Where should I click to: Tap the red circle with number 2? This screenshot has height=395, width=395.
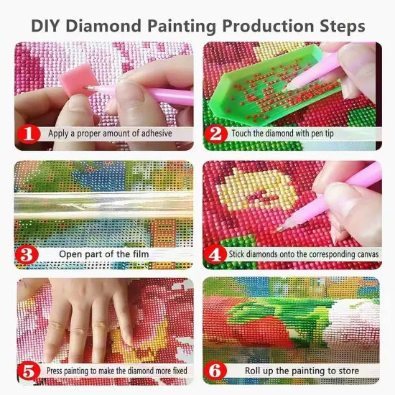214,134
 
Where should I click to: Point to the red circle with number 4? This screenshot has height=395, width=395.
214,254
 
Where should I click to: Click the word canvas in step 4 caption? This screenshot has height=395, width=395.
359,254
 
